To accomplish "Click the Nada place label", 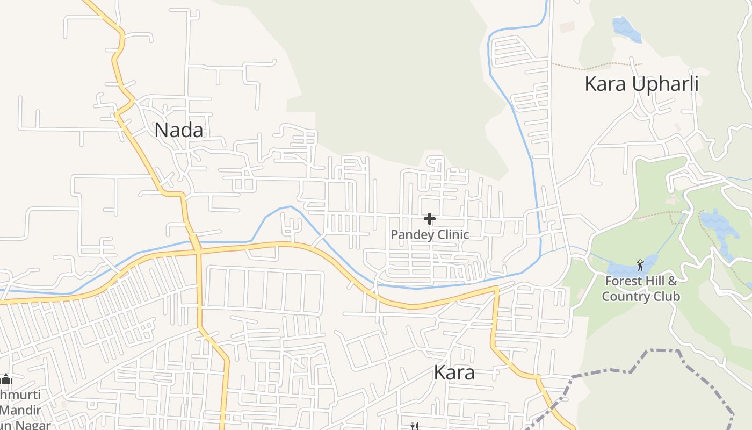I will click(x=179, y=131).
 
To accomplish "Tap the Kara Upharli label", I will click(x=641, y=84).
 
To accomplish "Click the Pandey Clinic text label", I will click(x=430, y=235).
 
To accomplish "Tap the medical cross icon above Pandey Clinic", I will click(x=430, y=219).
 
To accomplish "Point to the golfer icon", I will click(x=640, y=264).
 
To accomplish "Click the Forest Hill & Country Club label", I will click(x=641, y=289).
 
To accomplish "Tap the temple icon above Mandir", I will click(x=6, y=379).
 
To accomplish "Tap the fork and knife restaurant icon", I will click(x=414, y=426).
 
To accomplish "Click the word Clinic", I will click(x=452, y=235).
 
